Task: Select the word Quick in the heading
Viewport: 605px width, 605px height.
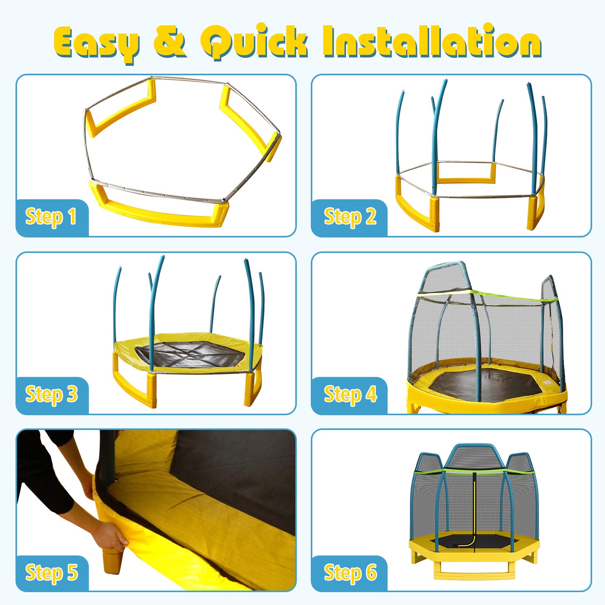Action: [x=254, y=42]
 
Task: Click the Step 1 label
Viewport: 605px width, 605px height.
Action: [x=51, y=217]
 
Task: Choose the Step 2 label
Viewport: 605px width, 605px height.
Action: [x=350, y=217]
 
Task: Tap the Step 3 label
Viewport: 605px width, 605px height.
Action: [x=51, y=394]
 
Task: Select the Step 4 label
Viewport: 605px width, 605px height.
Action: [x=350, y=394]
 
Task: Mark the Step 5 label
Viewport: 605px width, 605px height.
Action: [x=51, y=572]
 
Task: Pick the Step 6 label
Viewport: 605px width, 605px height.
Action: [x=350, y=572]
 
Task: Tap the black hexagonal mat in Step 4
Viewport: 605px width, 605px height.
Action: [x=486, y=383]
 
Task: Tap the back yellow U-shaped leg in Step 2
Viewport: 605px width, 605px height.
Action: [x=466, y=179]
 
